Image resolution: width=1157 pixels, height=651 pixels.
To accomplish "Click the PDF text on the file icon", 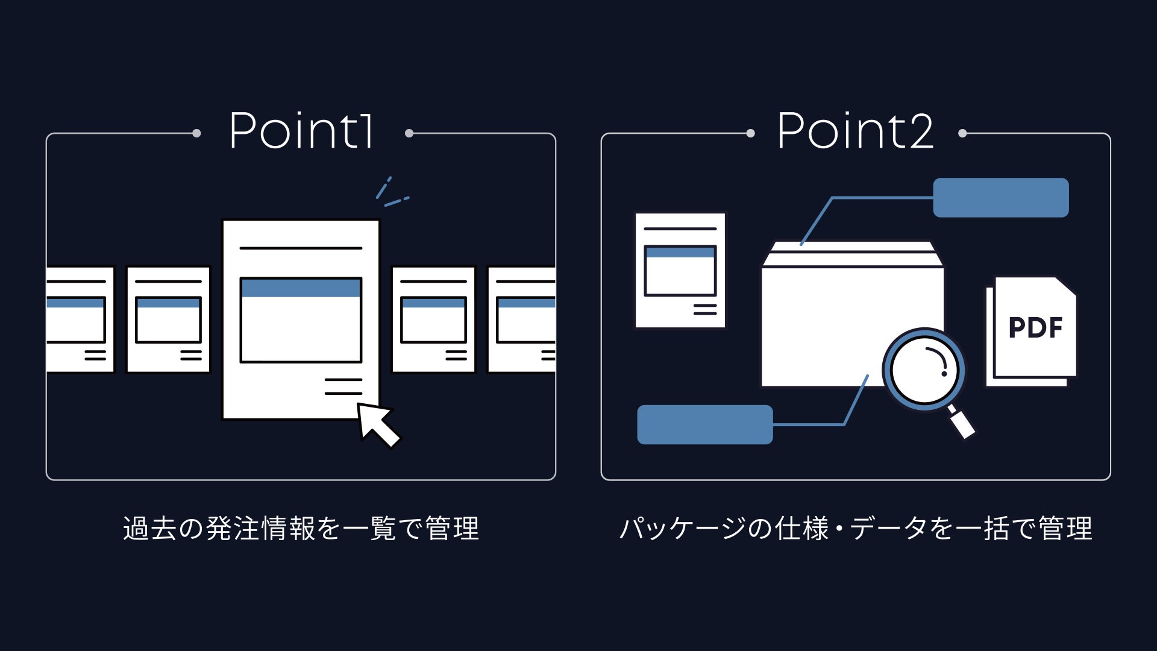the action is (1035, 328).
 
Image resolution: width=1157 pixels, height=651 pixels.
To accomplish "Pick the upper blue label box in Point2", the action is (1000, 198).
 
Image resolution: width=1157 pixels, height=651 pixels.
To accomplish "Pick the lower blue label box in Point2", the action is (704, 424).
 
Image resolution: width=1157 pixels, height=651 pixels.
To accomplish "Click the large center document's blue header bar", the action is (301, 288).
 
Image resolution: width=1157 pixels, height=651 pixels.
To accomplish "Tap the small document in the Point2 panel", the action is (680, 271).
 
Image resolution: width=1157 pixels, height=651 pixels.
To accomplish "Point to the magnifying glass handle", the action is (962, 423).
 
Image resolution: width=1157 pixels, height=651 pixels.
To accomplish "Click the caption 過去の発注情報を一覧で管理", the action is (301, 529).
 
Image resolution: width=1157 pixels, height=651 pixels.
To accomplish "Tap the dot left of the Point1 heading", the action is (196, 133).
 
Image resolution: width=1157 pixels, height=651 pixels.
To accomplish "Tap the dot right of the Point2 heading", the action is (962, 133).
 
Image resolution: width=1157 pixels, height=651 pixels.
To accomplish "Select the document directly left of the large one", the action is (168, 319).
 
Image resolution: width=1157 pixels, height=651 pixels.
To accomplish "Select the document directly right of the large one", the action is (433, 319).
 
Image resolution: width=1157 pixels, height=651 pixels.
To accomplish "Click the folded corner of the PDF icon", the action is (1065, 287).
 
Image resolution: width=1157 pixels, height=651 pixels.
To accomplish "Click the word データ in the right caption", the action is (888, 529).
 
